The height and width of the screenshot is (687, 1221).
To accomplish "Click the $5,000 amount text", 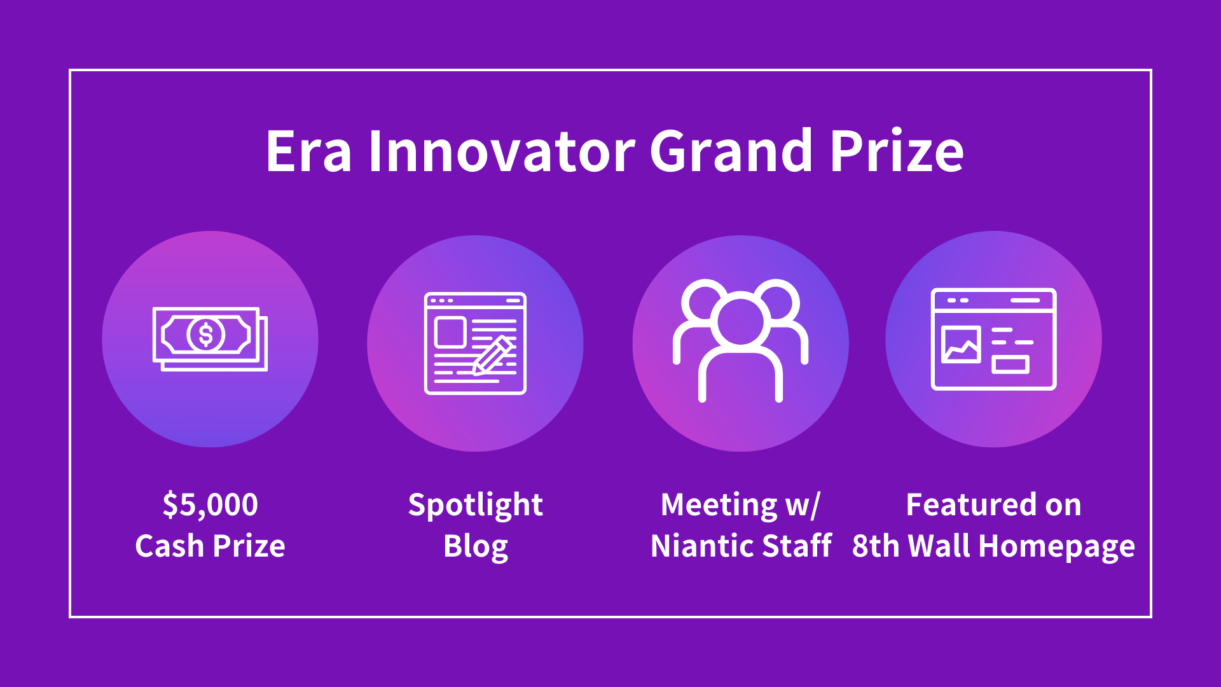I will pyautogui.click(x=210, y=505).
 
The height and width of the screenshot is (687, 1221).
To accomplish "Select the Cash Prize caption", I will pyautogui.click(x=210, y=546).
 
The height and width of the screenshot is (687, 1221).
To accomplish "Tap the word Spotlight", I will pyautogui.click(x=475, y=505).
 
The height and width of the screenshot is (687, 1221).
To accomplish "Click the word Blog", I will pyautogui.click(x=475, y=546).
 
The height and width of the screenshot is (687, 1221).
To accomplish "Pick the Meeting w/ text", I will pyautogui.click(x=740, y=505).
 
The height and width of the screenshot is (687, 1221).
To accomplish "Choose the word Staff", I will pyautogui.click(x=797, y=546).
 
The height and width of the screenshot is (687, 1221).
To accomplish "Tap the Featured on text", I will pyautogui.click(x=993, y=505).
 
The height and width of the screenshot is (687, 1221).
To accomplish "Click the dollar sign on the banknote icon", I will pyautogui.click(x=205, y=334).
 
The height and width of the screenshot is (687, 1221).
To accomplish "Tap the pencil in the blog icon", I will pyautogui.click(x=493, y=356).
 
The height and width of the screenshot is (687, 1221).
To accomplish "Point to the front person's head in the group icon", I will pyautogui.click(x=740, y=321).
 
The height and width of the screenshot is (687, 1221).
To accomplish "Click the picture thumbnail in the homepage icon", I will pyautogui.click(x=960, y=345).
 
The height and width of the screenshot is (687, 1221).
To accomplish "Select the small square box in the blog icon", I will pyautogui.click(x=450, y=331).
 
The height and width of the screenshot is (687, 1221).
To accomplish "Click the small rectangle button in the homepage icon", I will pyautogui.click(x=1010, y=364).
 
